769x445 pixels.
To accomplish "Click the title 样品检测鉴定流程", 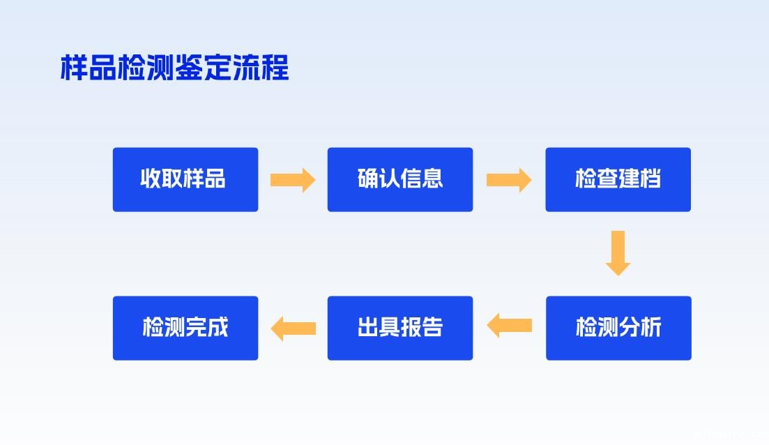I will (x=174, y=68).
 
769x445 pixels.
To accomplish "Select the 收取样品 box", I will (x=185, y=179).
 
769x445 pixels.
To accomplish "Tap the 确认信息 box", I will (x=400, y=179).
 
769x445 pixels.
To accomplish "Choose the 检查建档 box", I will (x=618, y=179).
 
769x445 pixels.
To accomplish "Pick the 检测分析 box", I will (x=618, y=328).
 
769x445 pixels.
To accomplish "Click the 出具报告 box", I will (x=400, y=328).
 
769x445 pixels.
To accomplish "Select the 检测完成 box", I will (x=185, y=328).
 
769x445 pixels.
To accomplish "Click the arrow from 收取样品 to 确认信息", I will (x=293, y=180).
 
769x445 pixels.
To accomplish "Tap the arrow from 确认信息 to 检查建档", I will (x=509, y=180).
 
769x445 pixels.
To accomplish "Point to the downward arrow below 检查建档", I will (x=618, y=252).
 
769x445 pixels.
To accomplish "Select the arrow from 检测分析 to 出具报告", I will (x=509, y=326).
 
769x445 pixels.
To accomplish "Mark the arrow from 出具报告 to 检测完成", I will (x=293, y=327).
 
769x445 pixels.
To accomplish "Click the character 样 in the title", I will (x=74, y=68).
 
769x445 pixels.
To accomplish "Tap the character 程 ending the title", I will (x=275, y=68).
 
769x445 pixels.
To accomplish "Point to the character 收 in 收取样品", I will (x=151, y=179).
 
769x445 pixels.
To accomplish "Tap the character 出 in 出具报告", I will (x=368, y=328).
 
